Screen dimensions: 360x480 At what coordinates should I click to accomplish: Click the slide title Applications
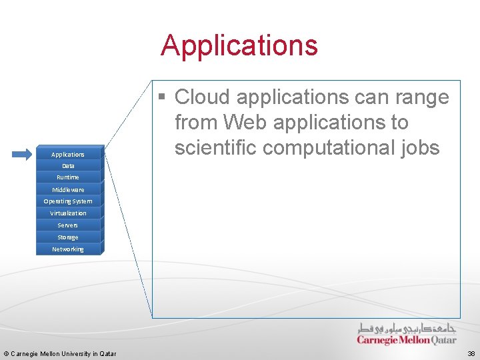tap(239, 45)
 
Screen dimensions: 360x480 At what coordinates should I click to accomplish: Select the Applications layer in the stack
tap(68, 154)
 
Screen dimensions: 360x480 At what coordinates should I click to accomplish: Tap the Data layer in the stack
tap(68, 165)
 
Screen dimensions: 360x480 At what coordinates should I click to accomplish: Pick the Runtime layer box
tap(68, 177)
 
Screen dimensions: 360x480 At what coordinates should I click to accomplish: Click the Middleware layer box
tap(68, 189)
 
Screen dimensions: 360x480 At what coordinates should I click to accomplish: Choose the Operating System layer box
tap(68, 201)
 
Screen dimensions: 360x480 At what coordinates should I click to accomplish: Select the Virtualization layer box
tap(68, 213)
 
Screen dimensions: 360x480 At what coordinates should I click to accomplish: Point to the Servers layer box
tap(68, 225)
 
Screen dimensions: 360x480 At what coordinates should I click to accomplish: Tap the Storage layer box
tap(68, 237)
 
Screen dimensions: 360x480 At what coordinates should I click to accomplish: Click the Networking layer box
tap(68, 249)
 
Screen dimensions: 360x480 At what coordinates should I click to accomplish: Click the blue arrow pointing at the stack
tap(22, 154)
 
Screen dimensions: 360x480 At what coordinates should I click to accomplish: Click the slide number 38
tap(471, 353)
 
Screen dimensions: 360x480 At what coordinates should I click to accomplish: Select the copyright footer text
tap(60, 353)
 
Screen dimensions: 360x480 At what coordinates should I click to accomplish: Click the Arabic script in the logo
tap(407, 329)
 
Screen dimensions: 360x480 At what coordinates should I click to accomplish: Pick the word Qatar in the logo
tap(438, 340)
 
